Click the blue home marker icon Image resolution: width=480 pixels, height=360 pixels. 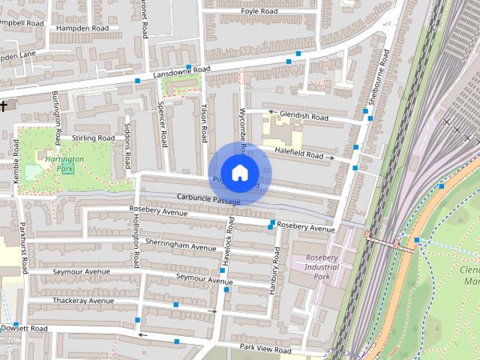point(239,172)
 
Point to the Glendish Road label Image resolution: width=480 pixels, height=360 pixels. point(304,118)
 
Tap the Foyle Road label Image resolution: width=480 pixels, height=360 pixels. point(259,12)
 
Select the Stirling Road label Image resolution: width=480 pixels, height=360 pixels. point(93,139)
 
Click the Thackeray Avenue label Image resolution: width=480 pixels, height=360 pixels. point(82,301)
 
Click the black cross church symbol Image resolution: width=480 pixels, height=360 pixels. point(4,106)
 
